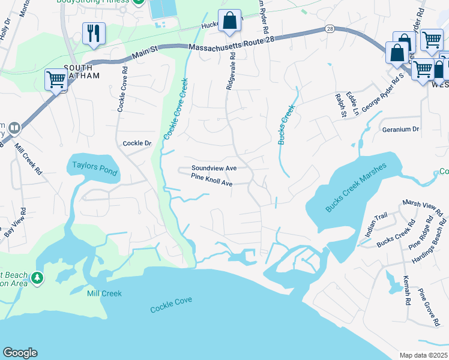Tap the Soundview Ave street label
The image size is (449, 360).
coord(214,169)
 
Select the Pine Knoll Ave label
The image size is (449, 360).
coord(211,177)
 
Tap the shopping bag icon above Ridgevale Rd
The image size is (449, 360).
coord(229,21)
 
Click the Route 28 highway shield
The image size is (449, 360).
coord(330,29)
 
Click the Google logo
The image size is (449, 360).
coord(20,353)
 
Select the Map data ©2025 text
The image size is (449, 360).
coord(423,355)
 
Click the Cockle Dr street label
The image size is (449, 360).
coord(137,143)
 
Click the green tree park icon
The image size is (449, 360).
coord(37,278)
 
